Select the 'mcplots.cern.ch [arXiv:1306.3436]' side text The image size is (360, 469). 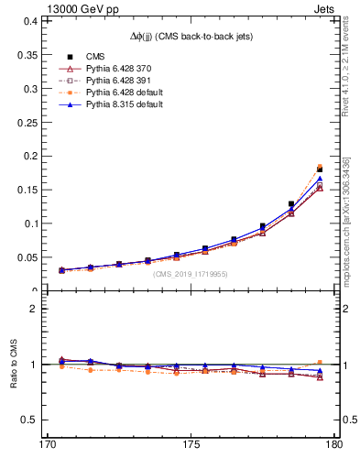[x=347, y=220]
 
